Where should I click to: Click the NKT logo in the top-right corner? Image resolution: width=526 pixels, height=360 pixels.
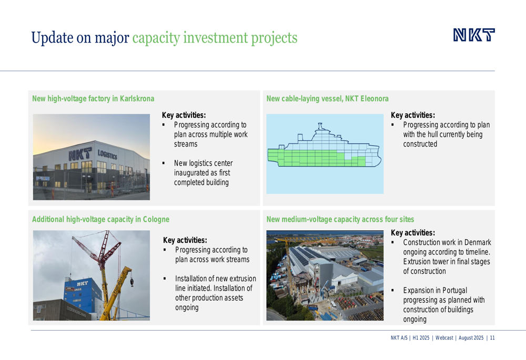[x=474, y=35]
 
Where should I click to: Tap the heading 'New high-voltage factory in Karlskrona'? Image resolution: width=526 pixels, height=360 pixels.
[x=93, y=99]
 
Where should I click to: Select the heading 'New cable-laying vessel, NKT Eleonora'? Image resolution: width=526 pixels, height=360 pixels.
[x=327, y=99]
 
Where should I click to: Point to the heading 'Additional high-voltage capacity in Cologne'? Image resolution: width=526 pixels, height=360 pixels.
[x=100, y=219]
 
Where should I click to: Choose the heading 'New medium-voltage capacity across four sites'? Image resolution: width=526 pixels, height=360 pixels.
[x=340, y=219]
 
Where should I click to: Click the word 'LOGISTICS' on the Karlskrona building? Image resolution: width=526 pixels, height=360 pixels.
[x=107, y=155]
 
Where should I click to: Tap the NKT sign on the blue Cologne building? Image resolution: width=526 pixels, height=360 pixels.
[x=82, y=284]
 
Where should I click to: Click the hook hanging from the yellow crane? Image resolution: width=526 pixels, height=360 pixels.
[x=132, y=282]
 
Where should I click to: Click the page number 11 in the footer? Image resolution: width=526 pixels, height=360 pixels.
[x=492, y=338]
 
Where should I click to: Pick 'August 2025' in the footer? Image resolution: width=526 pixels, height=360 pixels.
[x=471, y=338]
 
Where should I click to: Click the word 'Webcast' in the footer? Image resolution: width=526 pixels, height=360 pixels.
[x=444, y=338]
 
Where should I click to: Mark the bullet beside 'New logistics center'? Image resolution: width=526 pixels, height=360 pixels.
[x=164, y=163]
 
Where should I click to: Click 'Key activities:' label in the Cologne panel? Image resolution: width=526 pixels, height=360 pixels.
[x=185, y=240]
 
